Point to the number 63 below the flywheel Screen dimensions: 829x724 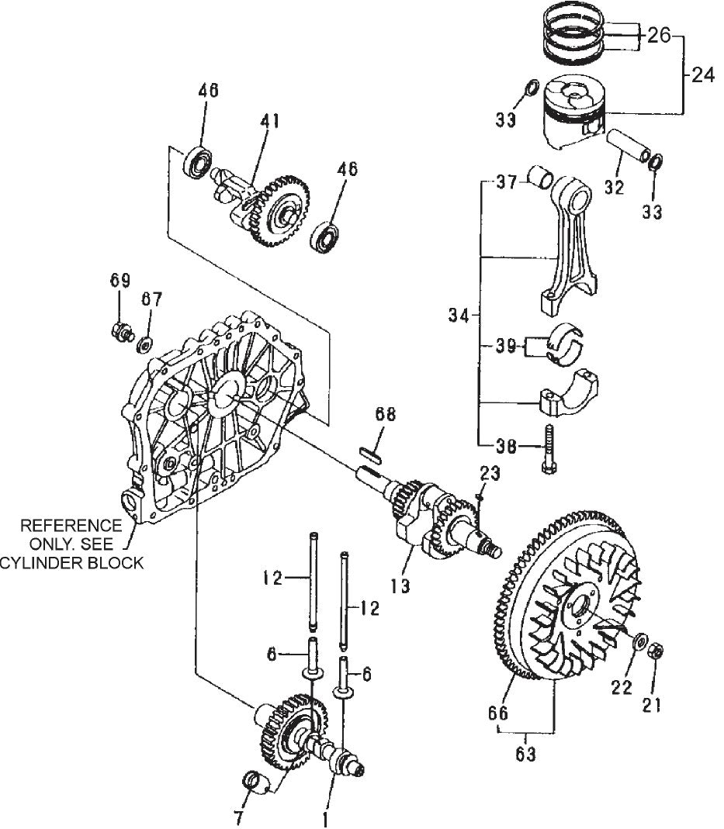pos(526,753)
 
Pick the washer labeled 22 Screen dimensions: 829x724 pos(640,643)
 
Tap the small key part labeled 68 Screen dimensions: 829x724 pos(370,453)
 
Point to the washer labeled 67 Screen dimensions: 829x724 pos(144,342)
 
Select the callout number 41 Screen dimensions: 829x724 pos(269,121)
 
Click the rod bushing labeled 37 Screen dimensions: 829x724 pos(538,178)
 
